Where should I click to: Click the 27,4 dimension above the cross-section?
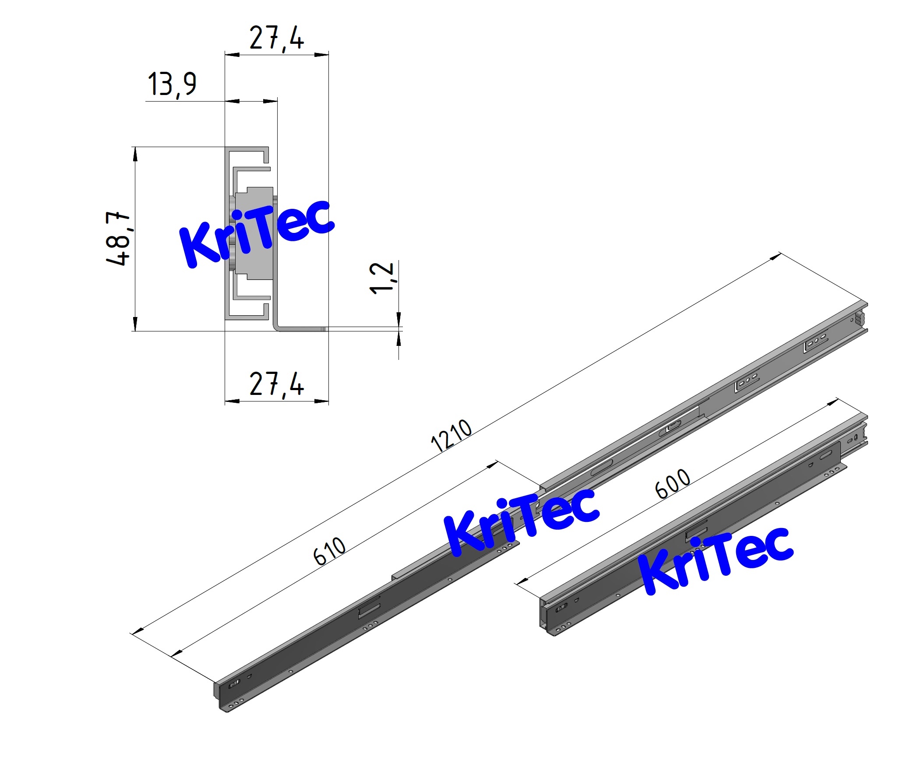[x=276, y=39]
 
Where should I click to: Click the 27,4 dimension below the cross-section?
[x=276, y=384]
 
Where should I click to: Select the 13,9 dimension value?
[x=172, y=84]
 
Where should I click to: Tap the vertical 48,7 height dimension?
[x=118, y=238]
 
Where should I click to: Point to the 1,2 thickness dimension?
[x=381, y=278]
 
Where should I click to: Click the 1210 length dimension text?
[x=451, y=435]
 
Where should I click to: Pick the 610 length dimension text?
[x=330, y=550]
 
